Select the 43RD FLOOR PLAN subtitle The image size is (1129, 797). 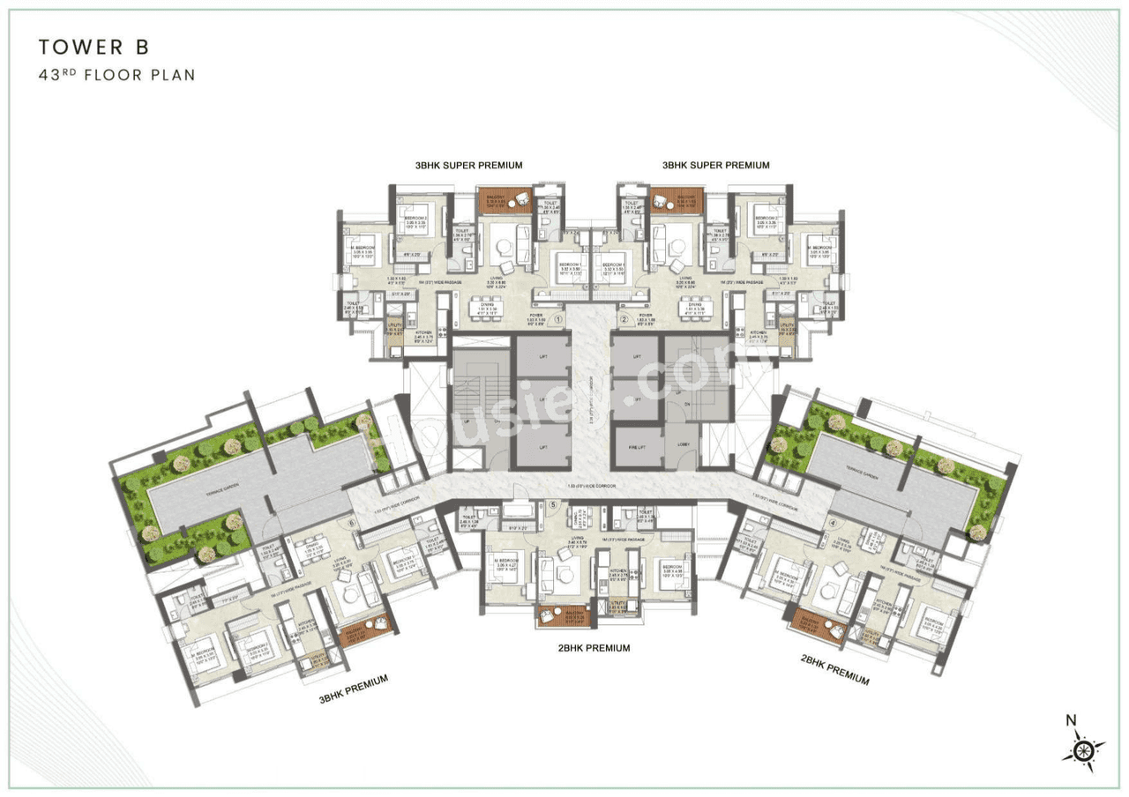point(116,75)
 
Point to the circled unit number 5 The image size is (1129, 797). point(553,505)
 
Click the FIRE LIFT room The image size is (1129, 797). point(637,446)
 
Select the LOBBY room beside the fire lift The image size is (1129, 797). point(682,446)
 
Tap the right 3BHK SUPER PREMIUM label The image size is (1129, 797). point(716,165)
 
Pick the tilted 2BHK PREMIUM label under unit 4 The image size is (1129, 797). point(834,670)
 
